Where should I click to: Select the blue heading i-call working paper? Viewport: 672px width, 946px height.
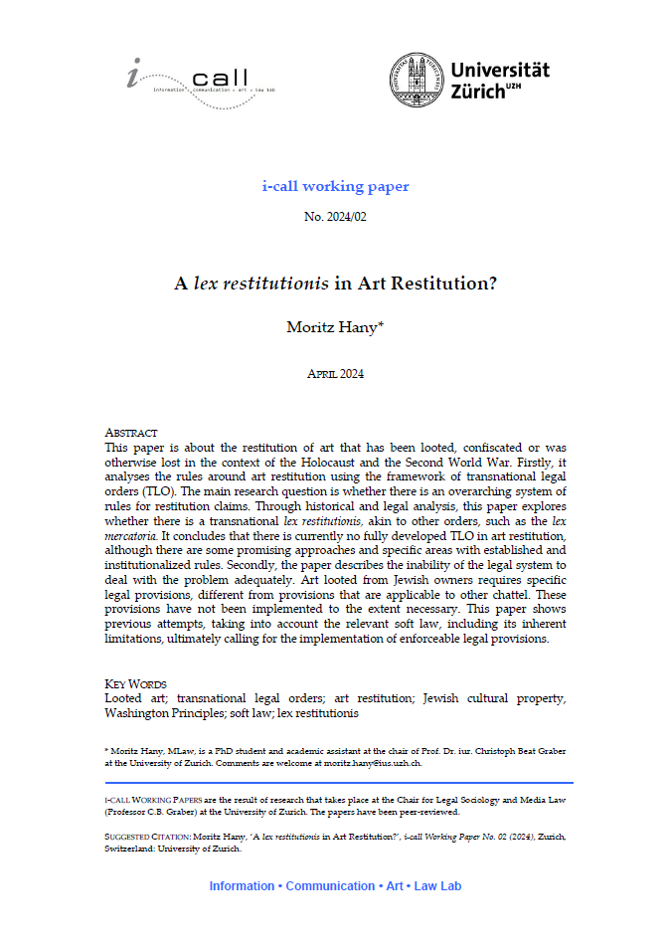pos(335,186)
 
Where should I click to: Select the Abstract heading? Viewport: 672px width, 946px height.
pos(131,434)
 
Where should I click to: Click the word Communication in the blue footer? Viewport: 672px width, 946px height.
pos(330,885)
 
